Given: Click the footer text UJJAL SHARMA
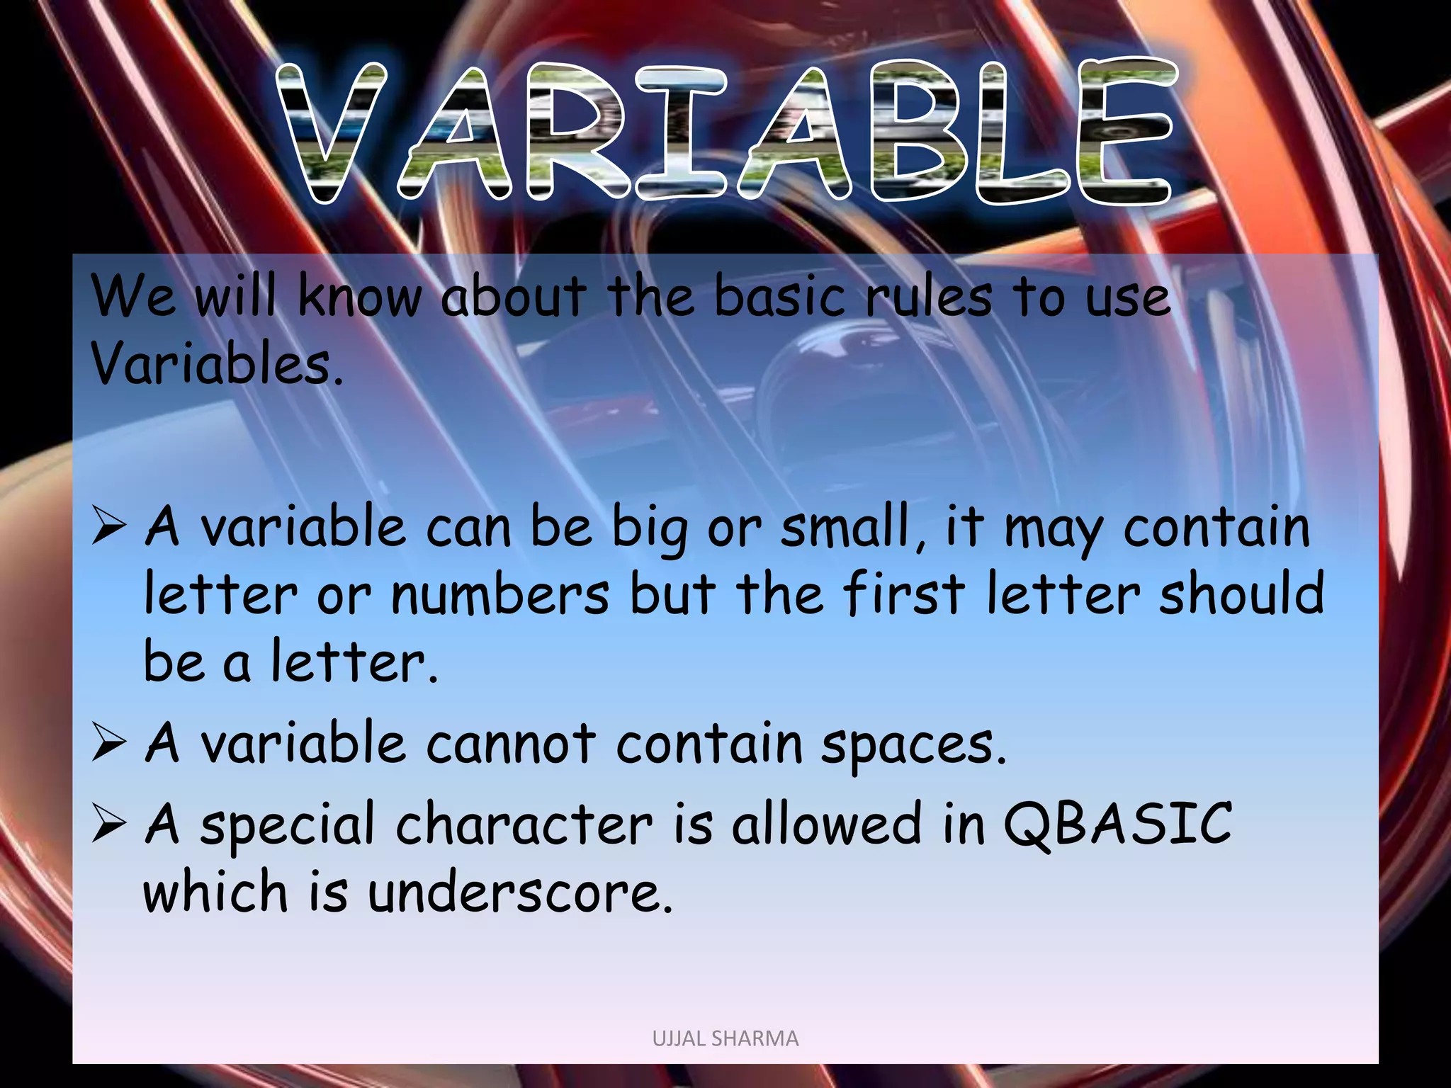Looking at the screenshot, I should tap(725, 1038).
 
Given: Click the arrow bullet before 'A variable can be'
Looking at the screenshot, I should tap(108, 528).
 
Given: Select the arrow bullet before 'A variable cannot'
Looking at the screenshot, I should tap(108, 745).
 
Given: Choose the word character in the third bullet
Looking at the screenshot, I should tap(524, 824).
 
